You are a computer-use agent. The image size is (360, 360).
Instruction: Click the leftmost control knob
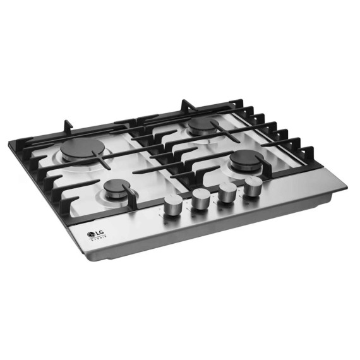[173, 205]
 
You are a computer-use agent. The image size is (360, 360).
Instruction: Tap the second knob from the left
[200, 199]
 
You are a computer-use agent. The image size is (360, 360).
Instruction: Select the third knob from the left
[227, 191]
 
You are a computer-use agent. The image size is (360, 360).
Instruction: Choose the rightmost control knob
[253, 186]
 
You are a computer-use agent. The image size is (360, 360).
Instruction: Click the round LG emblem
[91, 234]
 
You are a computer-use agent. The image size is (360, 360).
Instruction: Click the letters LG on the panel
[100, 232]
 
